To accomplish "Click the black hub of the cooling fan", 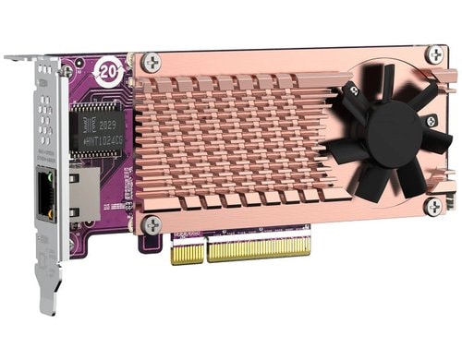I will (393, 135).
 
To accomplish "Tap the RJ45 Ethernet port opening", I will (44, 201).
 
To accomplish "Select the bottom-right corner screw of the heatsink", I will (432, 206).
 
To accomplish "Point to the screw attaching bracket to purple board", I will (67, 70).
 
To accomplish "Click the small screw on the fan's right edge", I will (431, 121).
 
